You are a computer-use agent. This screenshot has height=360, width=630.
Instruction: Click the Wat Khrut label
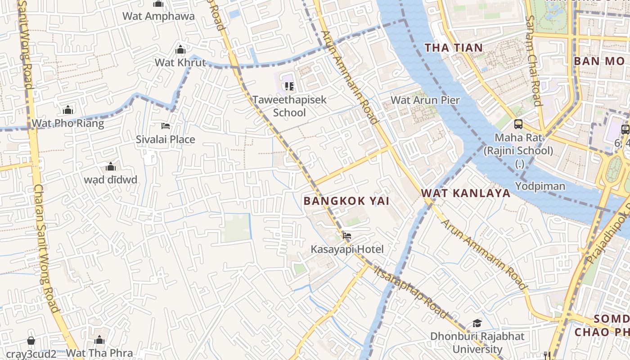(180, 63)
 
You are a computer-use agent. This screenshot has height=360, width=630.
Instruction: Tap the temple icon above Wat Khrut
(180, 49)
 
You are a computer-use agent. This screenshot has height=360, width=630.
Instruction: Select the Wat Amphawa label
(158, 16)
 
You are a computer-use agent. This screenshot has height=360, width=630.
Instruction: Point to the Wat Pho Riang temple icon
(68, 110)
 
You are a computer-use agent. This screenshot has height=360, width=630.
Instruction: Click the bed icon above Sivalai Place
(166, 126)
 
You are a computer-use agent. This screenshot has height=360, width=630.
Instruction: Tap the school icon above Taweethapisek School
(289, 86)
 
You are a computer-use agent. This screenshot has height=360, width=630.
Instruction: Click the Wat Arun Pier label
(425, 100)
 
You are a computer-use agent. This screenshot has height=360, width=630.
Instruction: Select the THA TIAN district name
(454, 48)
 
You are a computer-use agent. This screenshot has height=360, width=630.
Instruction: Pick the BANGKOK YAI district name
(346, 201)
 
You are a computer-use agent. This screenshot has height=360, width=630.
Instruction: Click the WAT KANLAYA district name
(466, 193)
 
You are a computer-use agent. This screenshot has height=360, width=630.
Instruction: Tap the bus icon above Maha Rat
(518, 124)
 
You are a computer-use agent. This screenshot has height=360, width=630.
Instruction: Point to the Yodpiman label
(540, 186)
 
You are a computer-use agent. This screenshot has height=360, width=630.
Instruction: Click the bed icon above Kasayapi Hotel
(346, 235)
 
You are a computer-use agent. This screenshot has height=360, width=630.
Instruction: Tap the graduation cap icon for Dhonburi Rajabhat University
(477, 323)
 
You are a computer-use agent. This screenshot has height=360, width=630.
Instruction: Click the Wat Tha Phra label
(99, 353)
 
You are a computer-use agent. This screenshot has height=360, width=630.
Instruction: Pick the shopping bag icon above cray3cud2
(31, 341)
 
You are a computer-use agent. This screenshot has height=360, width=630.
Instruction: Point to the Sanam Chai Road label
(533, 61)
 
